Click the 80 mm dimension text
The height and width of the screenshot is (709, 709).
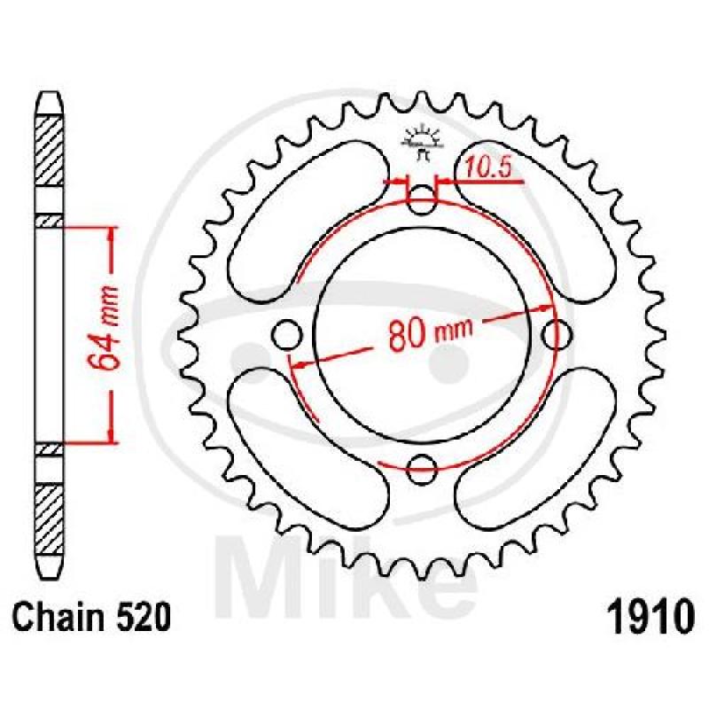pos(431,335)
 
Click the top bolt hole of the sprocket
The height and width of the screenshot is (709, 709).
pos(423,200)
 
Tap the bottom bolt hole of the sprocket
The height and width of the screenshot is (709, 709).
pos(423,469)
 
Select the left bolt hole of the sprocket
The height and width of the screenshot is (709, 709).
pos(287,335)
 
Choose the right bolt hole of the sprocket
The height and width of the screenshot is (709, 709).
pos(557,335)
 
